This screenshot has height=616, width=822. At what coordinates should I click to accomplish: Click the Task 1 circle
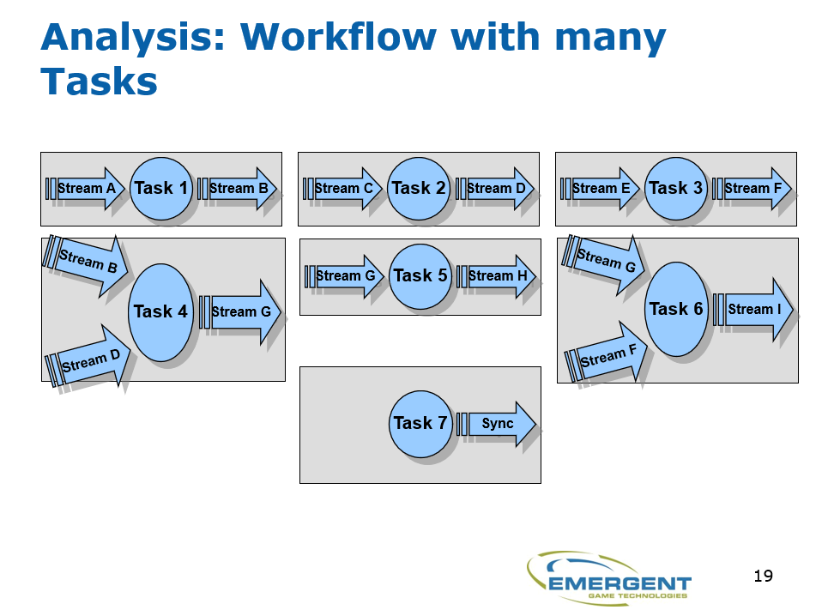[x=161, y=189]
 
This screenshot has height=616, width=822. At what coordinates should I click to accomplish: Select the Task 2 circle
[x=419, y=189]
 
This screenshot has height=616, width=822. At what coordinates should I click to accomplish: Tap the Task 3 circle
[x=676, y=188]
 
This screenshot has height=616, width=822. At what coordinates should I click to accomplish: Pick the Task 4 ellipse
[x=160, y=312]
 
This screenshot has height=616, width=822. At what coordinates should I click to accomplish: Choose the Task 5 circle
[x=420, y=275]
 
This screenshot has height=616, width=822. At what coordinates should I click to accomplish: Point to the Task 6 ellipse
[x=676, y=309]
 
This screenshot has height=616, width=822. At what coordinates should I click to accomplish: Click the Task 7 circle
[x=420, y=423]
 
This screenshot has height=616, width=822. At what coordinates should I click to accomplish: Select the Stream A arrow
[x=87, y=189]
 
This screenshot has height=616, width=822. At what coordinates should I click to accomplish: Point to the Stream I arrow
[x=754, y=310]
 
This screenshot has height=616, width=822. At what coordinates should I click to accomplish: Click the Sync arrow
[x=499, y=424]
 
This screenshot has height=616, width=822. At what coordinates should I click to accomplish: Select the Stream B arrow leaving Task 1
[x=239, y=189]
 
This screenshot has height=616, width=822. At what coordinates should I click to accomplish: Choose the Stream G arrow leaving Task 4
[x=241, y=312]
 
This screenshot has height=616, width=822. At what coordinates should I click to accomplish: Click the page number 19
[x=763, y=576]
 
